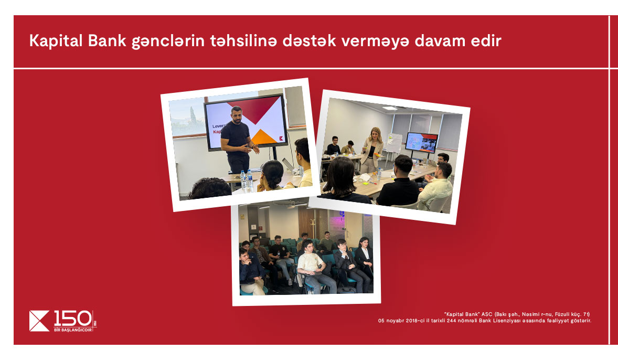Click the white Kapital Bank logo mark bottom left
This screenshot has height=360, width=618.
[x=39, y=321]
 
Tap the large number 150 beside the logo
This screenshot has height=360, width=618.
[x=72, y=319]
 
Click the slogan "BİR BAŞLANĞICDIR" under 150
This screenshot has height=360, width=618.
[x=73, y=330]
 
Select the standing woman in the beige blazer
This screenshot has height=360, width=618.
[x=371, y=150]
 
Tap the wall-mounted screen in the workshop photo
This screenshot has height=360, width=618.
[x=421, y=143]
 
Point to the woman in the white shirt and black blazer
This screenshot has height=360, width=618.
[x=364, y=258]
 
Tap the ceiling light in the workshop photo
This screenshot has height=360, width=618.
[x=390, y=108]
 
